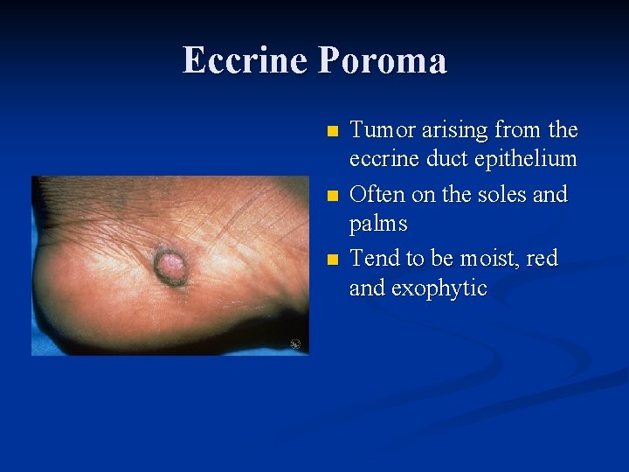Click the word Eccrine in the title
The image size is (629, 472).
tap(245, 60)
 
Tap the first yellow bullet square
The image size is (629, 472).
tap(330, 132)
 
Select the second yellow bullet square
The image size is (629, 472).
tap(330, 196)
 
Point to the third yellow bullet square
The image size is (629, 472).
tap(330, 260)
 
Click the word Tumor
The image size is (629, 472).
tap(381, 130)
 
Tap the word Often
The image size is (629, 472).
tap(376, 194)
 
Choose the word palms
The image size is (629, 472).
tap(378, 224)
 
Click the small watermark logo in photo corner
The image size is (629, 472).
tap(295, 344)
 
